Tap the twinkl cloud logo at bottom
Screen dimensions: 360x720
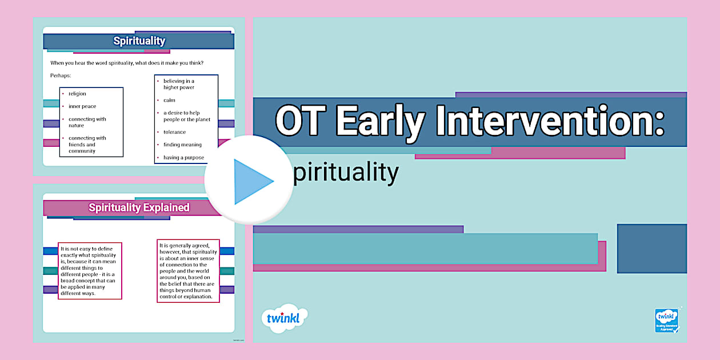tap(283, 318)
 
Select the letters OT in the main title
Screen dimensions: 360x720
tap(299, 122)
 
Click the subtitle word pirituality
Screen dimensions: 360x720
tap(345, 172)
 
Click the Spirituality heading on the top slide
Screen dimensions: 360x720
tap(139, 41)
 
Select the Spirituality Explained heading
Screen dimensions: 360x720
tap(139, 207)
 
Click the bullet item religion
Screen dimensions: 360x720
tap(77, 94)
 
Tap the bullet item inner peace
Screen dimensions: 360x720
tap(82, 106)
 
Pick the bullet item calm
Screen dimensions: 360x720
tap(169, 100)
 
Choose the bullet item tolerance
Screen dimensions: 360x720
tap(174, 132)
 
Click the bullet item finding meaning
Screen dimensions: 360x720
tap(182, 145)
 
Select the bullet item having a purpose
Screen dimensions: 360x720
tap(183, 158)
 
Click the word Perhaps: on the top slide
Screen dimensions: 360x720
tap(61, 75)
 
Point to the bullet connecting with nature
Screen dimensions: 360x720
tap(87, 122)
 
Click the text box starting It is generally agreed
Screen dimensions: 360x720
tap(187, 270)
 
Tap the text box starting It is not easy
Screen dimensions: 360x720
tap(90, 271)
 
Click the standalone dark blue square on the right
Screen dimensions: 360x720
tap(651, 249)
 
